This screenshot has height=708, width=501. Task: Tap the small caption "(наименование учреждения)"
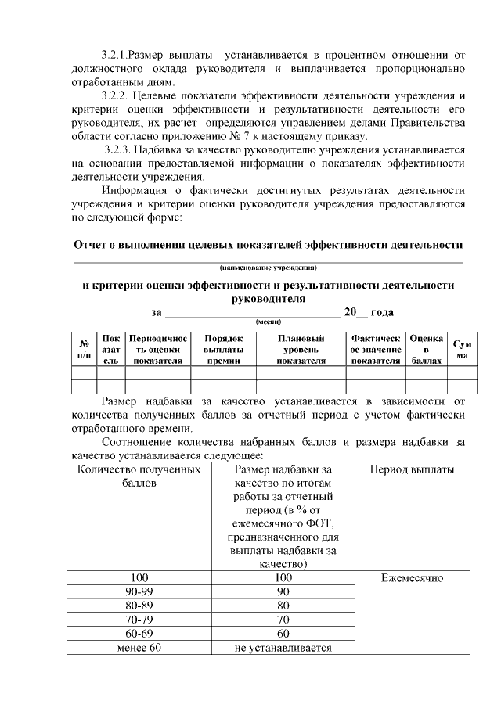[269, 268]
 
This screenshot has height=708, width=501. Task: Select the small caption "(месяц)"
[269, 322]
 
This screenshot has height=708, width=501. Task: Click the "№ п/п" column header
[83, 349]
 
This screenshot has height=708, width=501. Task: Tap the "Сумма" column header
[463, 349]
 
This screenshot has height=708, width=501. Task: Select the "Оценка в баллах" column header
[427, 349]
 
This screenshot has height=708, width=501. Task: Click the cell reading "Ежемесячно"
[412, 578]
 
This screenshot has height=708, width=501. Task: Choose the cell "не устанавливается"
[283, 647]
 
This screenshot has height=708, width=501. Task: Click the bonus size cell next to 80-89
[283, 606]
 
